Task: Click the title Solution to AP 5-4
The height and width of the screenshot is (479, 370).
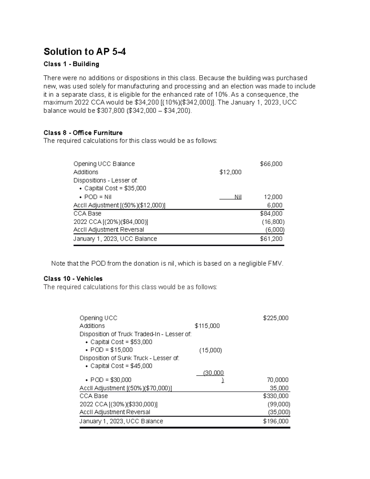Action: coord(84,52)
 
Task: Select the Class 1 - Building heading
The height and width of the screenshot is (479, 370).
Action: coord(71,64)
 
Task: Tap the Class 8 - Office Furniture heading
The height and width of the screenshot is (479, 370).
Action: coord(83,133)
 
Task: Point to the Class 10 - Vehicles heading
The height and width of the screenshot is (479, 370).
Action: coord(73,279)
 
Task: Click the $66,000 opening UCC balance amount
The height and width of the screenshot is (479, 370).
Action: coord(271,164)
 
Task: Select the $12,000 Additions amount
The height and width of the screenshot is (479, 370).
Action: coord(230,172)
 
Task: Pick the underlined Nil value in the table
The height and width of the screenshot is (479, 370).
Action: coord(238,197)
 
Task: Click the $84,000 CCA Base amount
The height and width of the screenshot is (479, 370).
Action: coord(271,213)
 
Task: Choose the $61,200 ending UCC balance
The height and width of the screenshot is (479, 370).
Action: coord(271,239)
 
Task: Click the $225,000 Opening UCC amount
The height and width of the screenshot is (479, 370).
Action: coord(276,318)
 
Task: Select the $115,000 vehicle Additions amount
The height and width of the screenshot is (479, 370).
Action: coord(207,326)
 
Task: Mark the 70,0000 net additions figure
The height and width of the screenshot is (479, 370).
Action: coord(278,380)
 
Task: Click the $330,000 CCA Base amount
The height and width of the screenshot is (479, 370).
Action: coord(276,396)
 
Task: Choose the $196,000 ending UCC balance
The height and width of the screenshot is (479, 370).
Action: coord(276,421)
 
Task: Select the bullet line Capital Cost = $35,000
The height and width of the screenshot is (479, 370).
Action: coord(115,188)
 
